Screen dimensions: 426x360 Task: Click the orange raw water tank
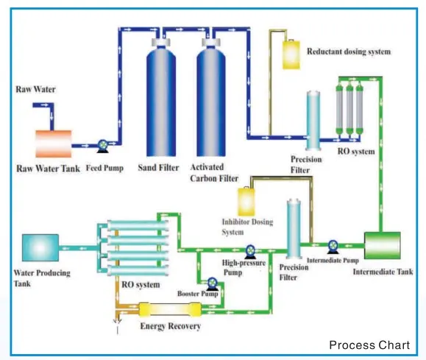tap(54, 144)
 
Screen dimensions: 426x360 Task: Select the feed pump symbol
tap(103, 146)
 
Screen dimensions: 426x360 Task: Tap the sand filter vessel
tap(161, 97)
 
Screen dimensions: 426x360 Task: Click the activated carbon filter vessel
tap(211, 97)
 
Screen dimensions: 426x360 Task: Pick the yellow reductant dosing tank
tap(291, 54)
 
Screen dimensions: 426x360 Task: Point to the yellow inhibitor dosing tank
tap(246, 202)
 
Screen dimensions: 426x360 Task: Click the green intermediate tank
tap(383, 245)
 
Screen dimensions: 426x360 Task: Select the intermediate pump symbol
tap(333, 247)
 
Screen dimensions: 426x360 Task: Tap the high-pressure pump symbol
tap(250, 252)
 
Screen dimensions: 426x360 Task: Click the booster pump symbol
tap(212, 284)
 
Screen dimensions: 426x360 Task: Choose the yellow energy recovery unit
tap(170, 310)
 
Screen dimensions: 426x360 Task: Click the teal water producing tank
tap(40, 247)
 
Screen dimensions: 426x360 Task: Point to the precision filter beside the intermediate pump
tap(294, 228)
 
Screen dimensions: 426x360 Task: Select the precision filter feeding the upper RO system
tap(313, 121)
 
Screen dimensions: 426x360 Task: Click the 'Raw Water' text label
tap(35, 90)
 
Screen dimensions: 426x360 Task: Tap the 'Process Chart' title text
tap(369, 345)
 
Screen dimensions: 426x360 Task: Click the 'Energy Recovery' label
tap(171, 326)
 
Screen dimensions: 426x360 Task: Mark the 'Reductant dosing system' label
tap(349, 52)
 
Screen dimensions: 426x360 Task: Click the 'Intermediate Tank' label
tap(383, 272)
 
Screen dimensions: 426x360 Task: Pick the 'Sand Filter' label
tap(158, 168)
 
